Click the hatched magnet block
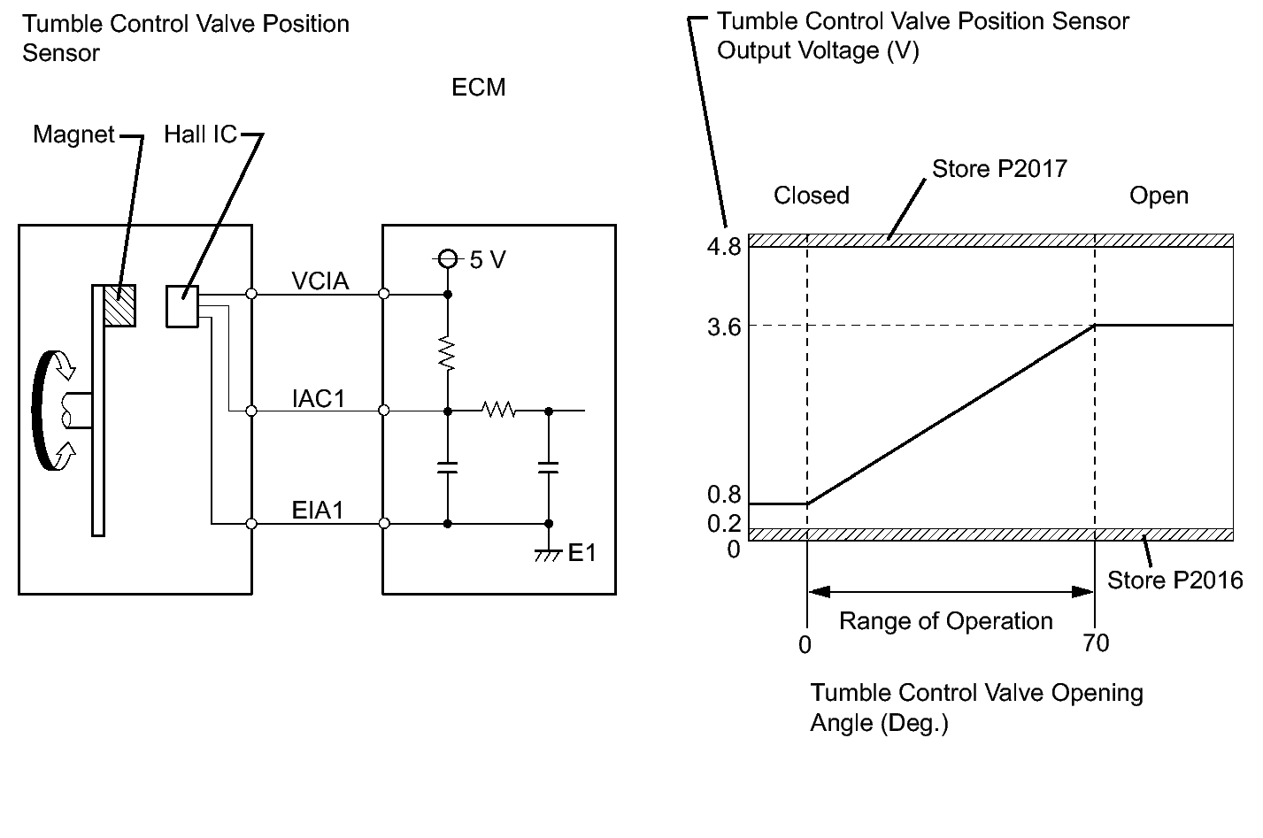pyautogui.click(x=119, y=306)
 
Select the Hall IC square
pyautogui.click(x=182, y=306)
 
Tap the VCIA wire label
pyautogui.click(x=320, y=281)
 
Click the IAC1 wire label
pyautogui.click(x=318, y=398)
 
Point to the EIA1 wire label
pyautogui.click(x=318, y=510)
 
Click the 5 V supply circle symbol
pyautogui.click(x=448, y=259)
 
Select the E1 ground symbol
pyautogui.click(x=548, y=555)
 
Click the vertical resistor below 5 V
pyautogui.click(x=447, y=353)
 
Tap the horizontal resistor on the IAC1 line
pyautogui.click(x=498, y=410)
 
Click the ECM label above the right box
pyautogui.click(x=479, y=88)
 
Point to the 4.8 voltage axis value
pyautogui.click(x=724, y=247)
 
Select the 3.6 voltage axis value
pyautogui.click(x=724, y=327)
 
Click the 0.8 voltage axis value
pyautogui.click(x=724, y=495)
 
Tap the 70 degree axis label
pyautogui.click(x=1096, y=642)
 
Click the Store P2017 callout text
pyautogui.click(x=999, y=168)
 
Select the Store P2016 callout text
pyautogui.click(x=1175, y=580)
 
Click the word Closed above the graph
pyautogui.click(x=812, y=196)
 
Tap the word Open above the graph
pyautogui.click(x=1159, y=196)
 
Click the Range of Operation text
pyautogui.click(x=946, y=621)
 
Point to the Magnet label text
pyautogui.click(x=73, y=135)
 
